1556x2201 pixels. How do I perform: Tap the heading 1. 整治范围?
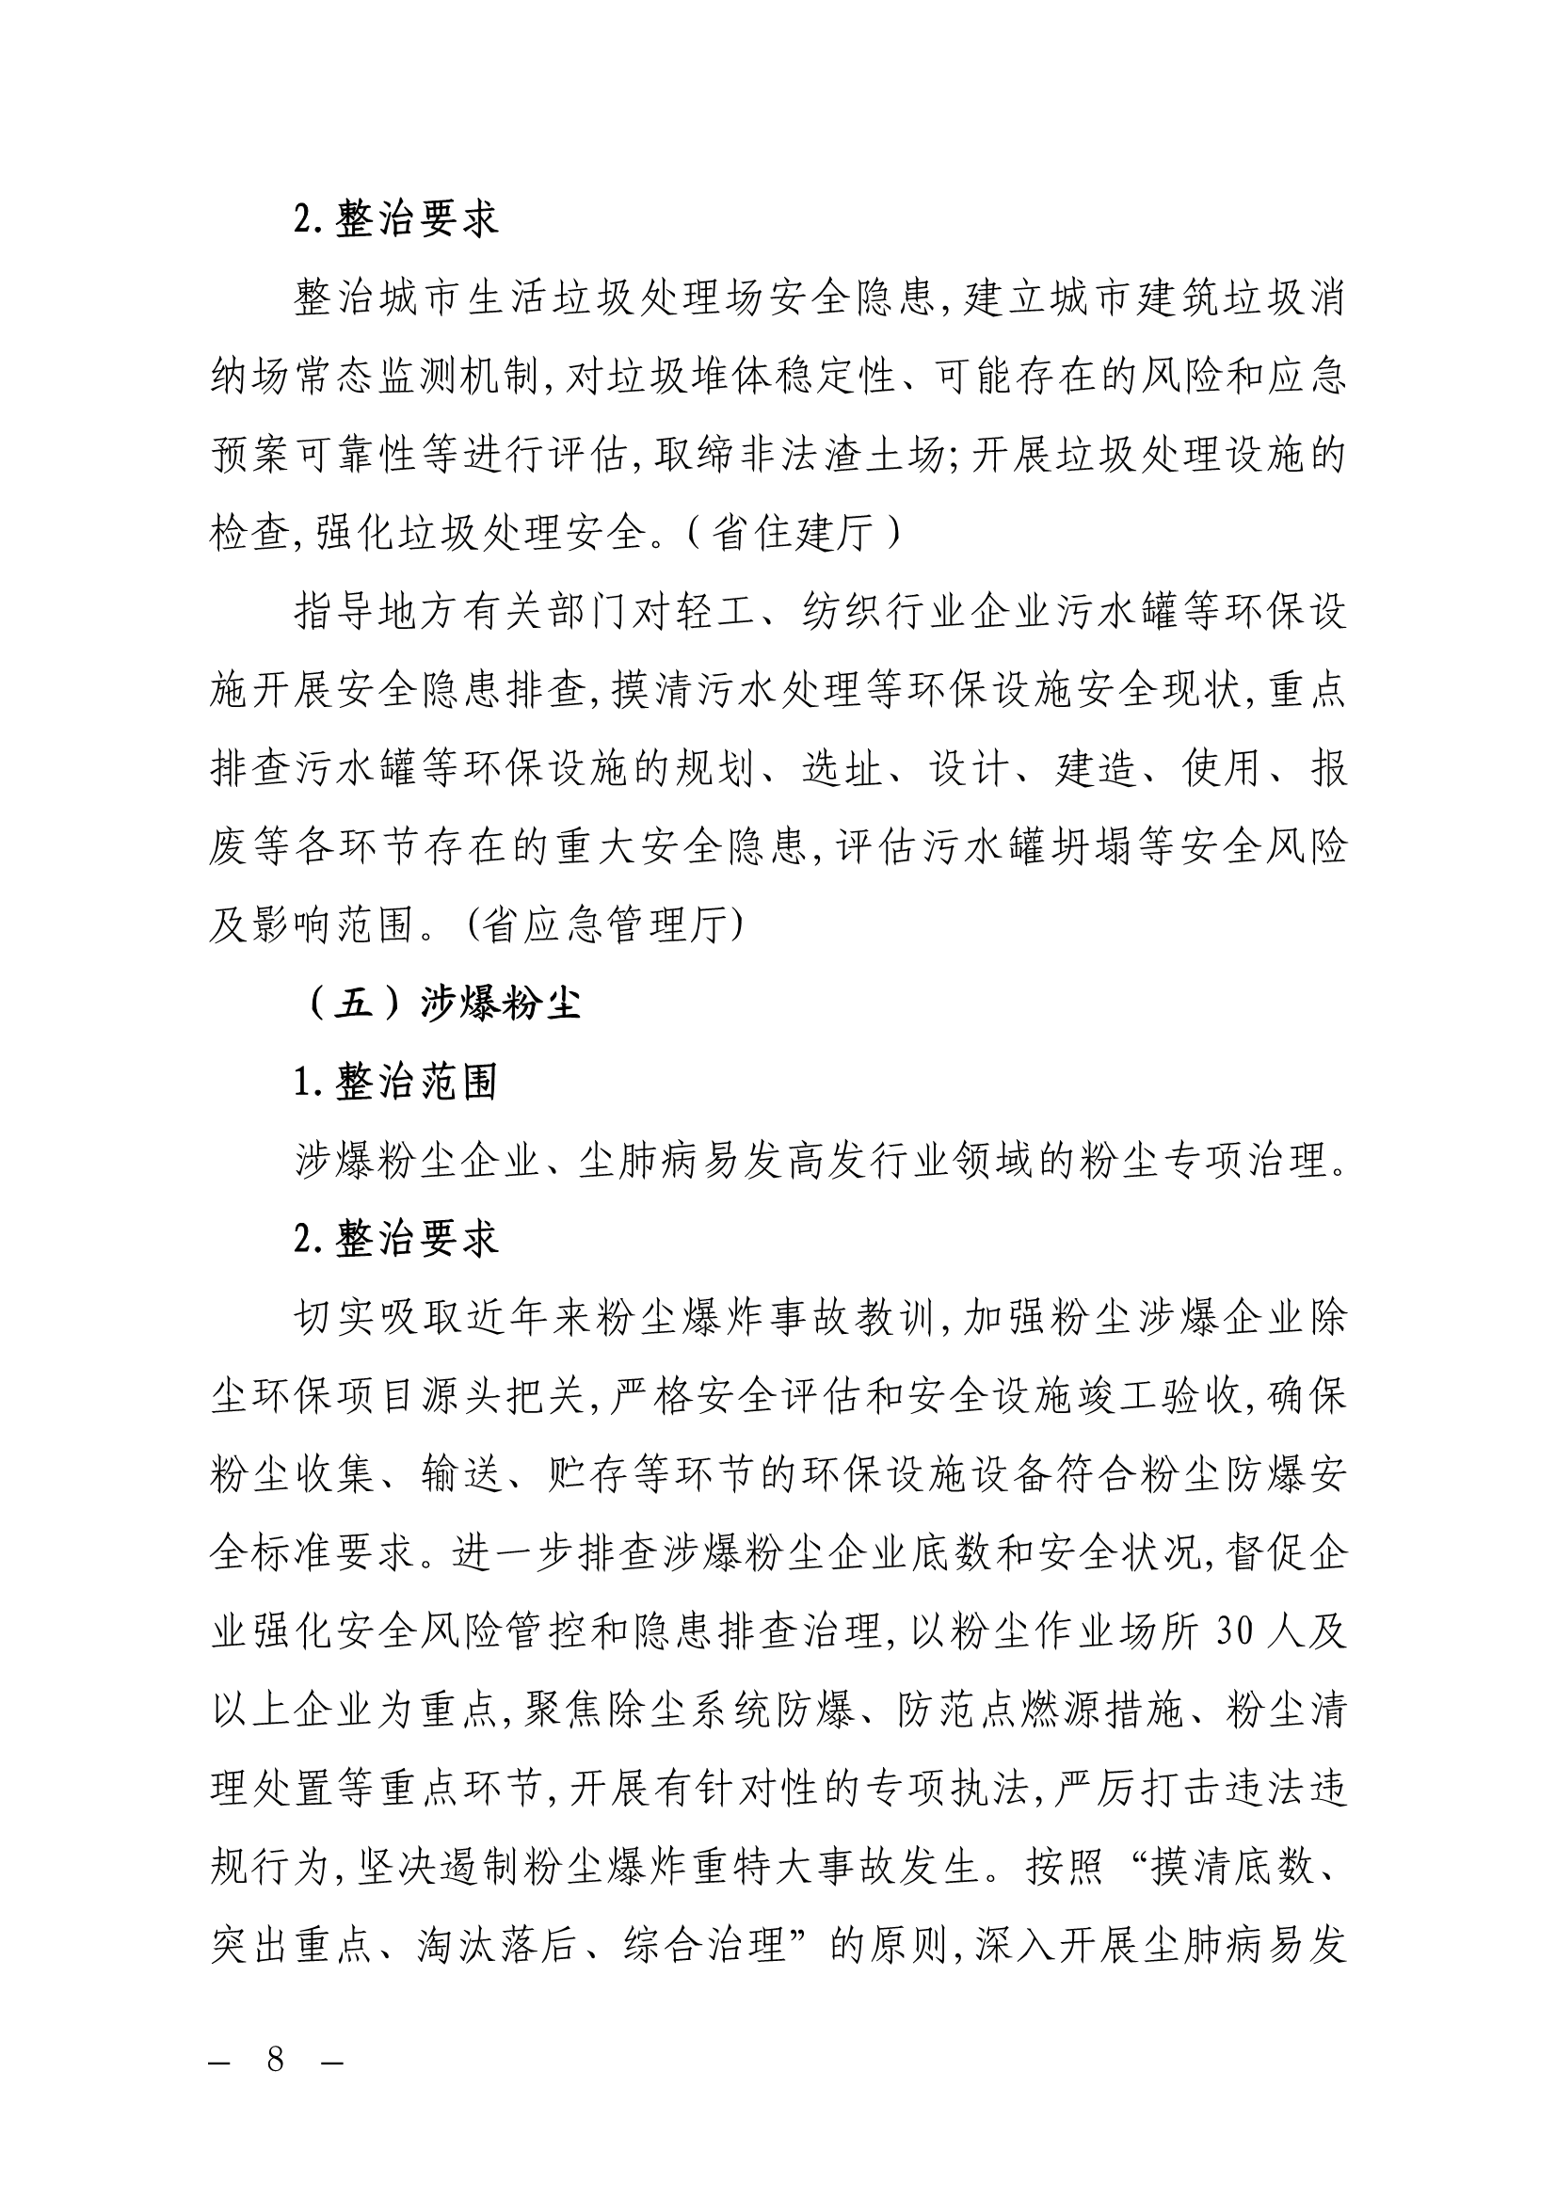click(396, 1083)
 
